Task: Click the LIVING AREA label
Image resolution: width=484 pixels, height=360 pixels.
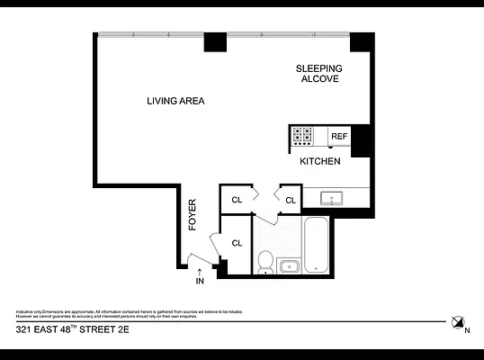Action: click(x=175, y=101)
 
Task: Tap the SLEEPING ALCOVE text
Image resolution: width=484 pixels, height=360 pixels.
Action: click(x=319, y=74)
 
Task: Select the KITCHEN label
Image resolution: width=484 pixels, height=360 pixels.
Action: click(x=319, y=162)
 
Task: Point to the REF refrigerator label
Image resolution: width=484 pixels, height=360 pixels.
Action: click(x=338, y=137)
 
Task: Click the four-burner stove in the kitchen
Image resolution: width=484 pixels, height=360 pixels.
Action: click(x=302, y=136)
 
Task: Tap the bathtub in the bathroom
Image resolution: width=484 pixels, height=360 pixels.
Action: click(x=317, y=244)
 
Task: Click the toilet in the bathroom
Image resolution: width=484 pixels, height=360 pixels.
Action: click(x=265, y=261)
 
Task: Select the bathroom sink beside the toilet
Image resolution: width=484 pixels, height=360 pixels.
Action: click(x=290, y=265)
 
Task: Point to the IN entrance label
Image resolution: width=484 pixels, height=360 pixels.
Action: click(x=200, y=282)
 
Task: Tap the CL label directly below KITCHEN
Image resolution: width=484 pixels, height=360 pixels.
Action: click(x=291, y=200)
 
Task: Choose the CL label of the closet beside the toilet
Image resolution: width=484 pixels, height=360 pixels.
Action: click(x=238, y=243)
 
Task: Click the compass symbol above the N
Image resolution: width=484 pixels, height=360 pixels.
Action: click(x=459, y=320)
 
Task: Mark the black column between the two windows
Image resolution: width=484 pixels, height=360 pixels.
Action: click(x=215, y=42)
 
